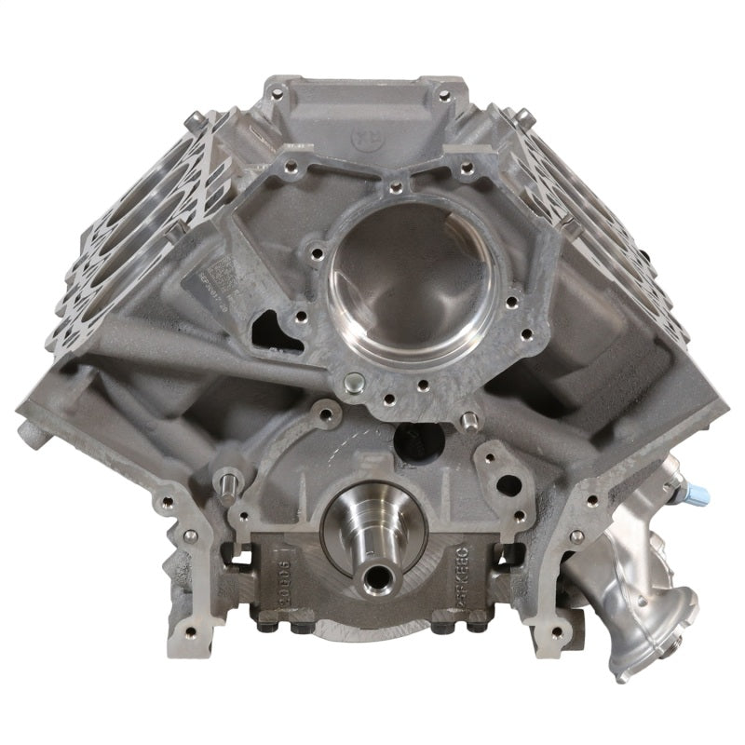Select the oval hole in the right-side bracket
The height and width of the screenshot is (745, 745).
tap(508, 485)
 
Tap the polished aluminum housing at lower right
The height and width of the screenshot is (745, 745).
tap(652, 587)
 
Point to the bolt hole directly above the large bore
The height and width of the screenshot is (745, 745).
tap(398, 187)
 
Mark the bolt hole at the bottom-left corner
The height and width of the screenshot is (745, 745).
tap(191, 631)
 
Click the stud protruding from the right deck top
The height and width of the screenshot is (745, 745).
tap(524, 115)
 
